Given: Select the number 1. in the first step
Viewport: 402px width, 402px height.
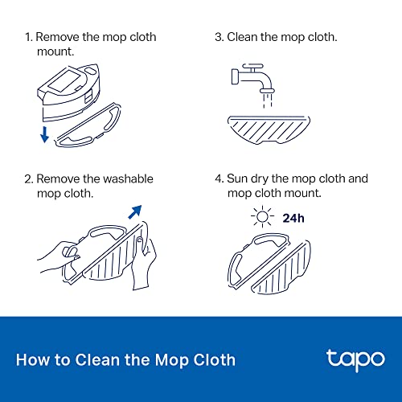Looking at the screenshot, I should click(29, 37).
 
